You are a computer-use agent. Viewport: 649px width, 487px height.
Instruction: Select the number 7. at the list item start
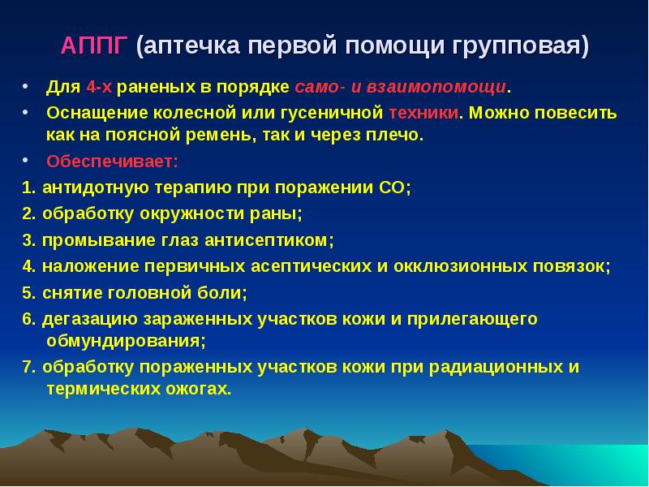[29, 366]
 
